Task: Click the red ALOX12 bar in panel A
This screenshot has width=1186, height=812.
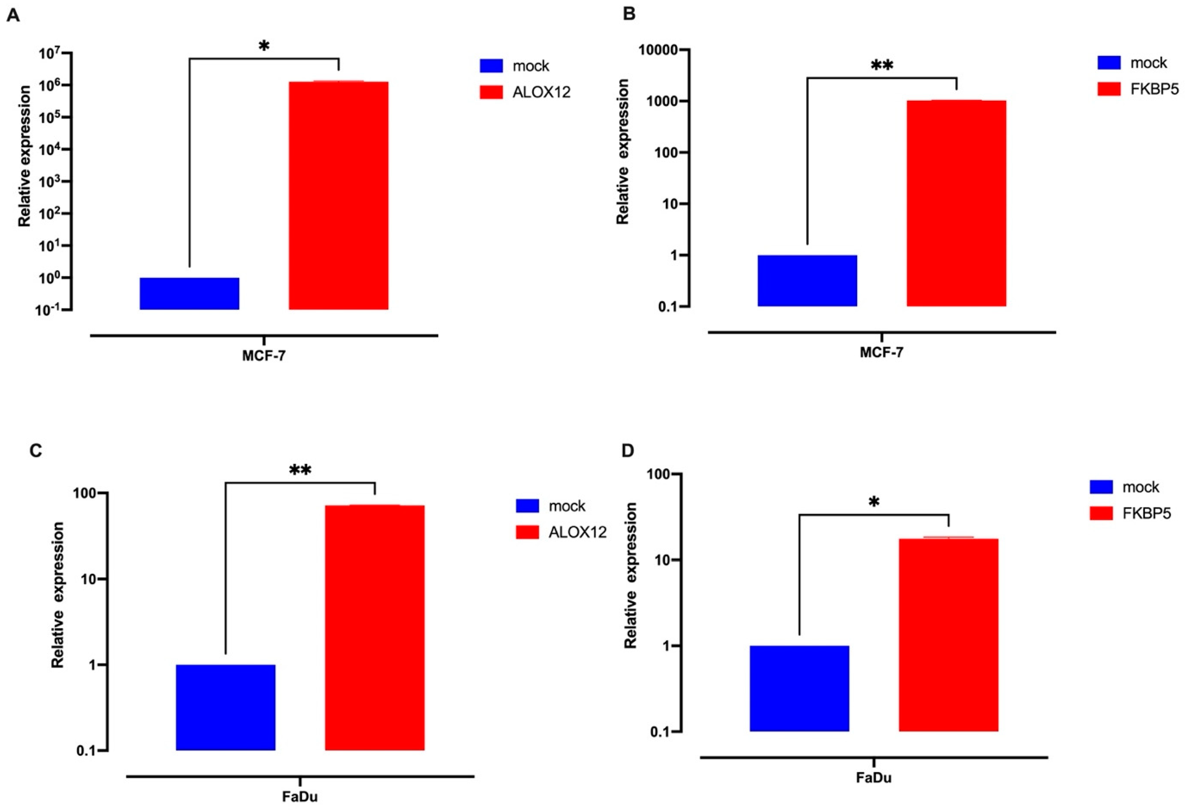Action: [338, 195]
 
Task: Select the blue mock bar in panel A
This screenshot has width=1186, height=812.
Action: [189, 293]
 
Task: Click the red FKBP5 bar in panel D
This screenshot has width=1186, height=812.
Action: [948, 635]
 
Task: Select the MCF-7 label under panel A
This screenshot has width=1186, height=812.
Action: [264, 356]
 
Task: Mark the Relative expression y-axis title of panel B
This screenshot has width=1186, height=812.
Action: [623, 152]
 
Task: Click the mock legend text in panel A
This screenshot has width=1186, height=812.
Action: [531, 66]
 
